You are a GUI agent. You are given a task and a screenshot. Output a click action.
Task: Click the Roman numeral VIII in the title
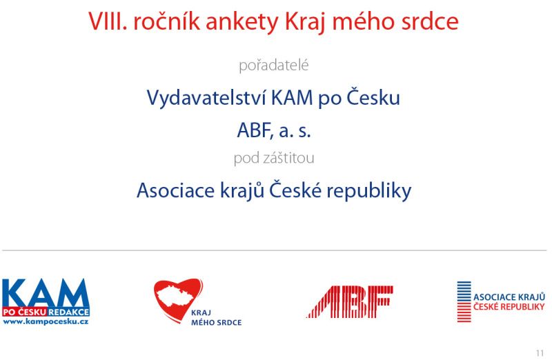(108, 21)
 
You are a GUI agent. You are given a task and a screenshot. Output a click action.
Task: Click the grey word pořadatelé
(273, 66)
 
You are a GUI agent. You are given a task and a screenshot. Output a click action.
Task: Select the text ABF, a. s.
(274, 130)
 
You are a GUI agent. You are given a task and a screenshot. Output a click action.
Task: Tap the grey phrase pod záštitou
(274, 158)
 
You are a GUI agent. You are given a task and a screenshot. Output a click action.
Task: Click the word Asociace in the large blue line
(175, 190)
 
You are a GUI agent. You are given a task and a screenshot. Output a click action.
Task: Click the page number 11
(540, 353)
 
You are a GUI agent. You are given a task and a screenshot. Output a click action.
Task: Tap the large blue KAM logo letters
(45, 293)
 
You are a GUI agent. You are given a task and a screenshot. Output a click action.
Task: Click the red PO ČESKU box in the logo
(24, 312)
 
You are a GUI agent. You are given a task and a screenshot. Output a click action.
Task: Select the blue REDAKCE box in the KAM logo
(68, 312)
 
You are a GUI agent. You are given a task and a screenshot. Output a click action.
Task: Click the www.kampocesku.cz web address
(46, 321)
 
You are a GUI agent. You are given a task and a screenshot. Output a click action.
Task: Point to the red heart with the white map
(178, 299)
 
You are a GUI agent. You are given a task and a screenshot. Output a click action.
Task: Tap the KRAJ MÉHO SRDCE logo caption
(216, 318)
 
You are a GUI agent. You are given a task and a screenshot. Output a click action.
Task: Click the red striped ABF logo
(350, 301)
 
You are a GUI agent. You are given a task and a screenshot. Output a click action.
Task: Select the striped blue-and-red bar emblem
(464, 301)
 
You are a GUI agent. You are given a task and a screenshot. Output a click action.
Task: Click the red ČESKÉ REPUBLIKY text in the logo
(509, 307)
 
